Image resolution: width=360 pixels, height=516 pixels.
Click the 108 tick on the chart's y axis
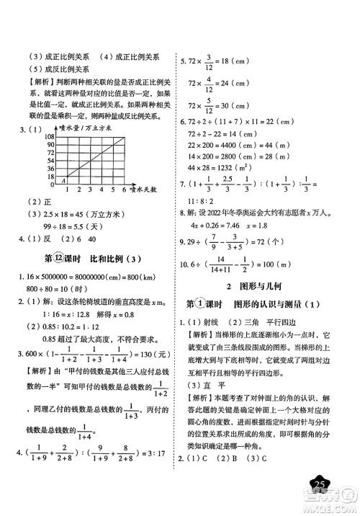30,135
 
